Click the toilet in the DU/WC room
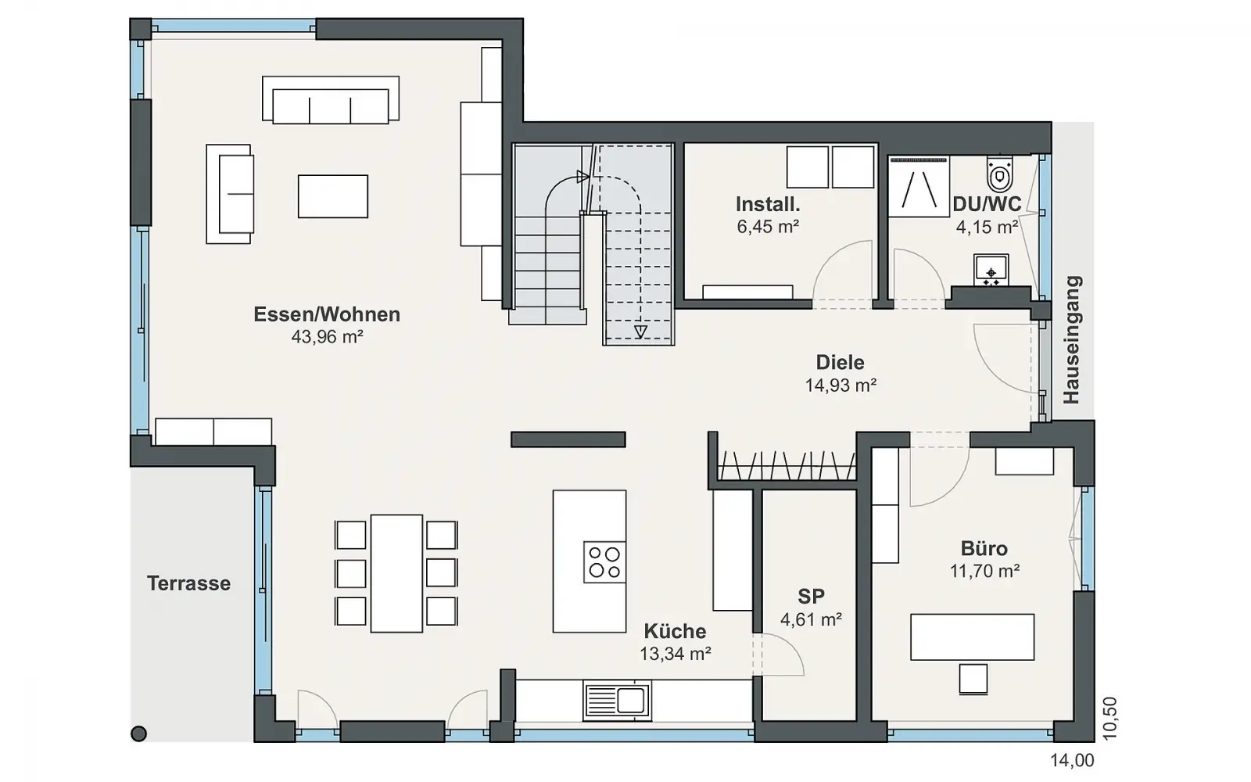pyautogui.click(x=1000, y=174)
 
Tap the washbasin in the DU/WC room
pyautogui.click(x=991, y=271)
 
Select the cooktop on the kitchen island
pyautogui.click(x=604, y=562)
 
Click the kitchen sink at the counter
pyautogui.click(x=617, y=700)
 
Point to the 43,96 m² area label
pyautogui.click(x=328, y=337)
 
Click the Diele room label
pyautogui.click(x=840, y=362)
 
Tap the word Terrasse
pyautogui.click(x=188, y=583)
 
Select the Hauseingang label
pyautogui.click(x=1072, y=339)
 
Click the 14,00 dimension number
pyautogui.click(x=1072, y=760)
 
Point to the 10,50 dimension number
pyautogui.click(x=1109, y=719)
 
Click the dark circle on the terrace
pyautogui.click(x=138, y=734)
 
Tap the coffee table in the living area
pyautogui.click(x=333, y=196)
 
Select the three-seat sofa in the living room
pyautogui.click(x=331, y=99)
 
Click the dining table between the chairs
pyautogui.click(x=396, y=573)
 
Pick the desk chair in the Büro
pyautogui.click(x=973, y=679)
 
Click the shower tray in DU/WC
pyautogui.click(x=919, y=187)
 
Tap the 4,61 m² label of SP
pyautogui.click(x=811, y=619)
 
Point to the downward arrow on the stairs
pyautogui.click(x=640, y=332)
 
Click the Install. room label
pyautogui.click(x=768, y=204)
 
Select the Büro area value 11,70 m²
pyautogui.click(x=984, y=571)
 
